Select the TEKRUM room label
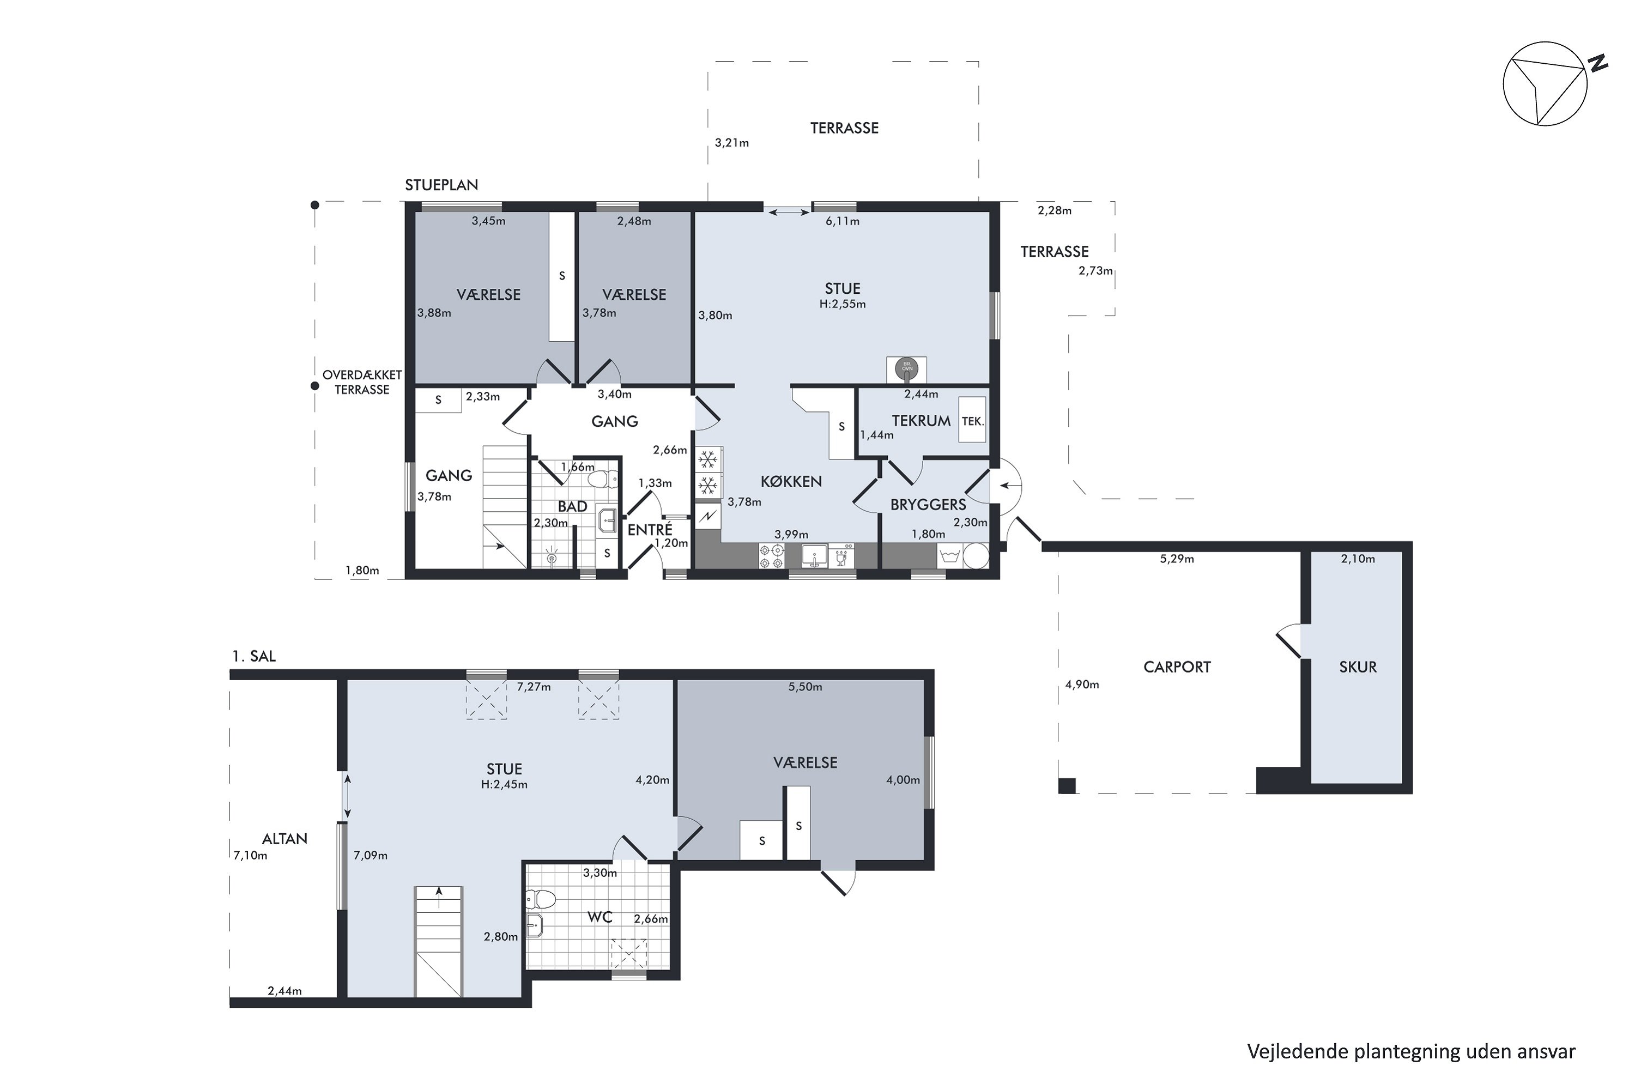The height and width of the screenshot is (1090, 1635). [x=921, y=421]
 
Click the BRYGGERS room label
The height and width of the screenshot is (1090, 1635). [x=928, y=505]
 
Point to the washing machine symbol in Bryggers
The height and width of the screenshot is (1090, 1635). [x=949, y=556]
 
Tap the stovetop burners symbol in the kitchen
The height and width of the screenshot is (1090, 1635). [x=772, y=556]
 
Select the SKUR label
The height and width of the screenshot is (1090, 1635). [x=1358, y=667]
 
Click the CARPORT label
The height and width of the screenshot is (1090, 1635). [x=1177, y=667]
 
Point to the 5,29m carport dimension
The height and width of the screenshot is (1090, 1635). [x=1177, y=558]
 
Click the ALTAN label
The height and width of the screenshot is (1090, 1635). [x=284, y=839]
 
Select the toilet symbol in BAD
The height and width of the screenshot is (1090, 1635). [x=603, y=479]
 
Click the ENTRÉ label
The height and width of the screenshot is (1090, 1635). [x=650, y=529]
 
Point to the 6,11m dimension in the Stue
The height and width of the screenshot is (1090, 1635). [x=843, y=221]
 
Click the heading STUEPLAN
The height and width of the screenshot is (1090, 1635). [x=441, y=185]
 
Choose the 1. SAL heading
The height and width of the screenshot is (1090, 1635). [x=254, y=656]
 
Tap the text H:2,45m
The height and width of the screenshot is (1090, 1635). [x=504, y=785]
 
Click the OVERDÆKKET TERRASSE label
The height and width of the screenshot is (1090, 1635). [x=362, y=383]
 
